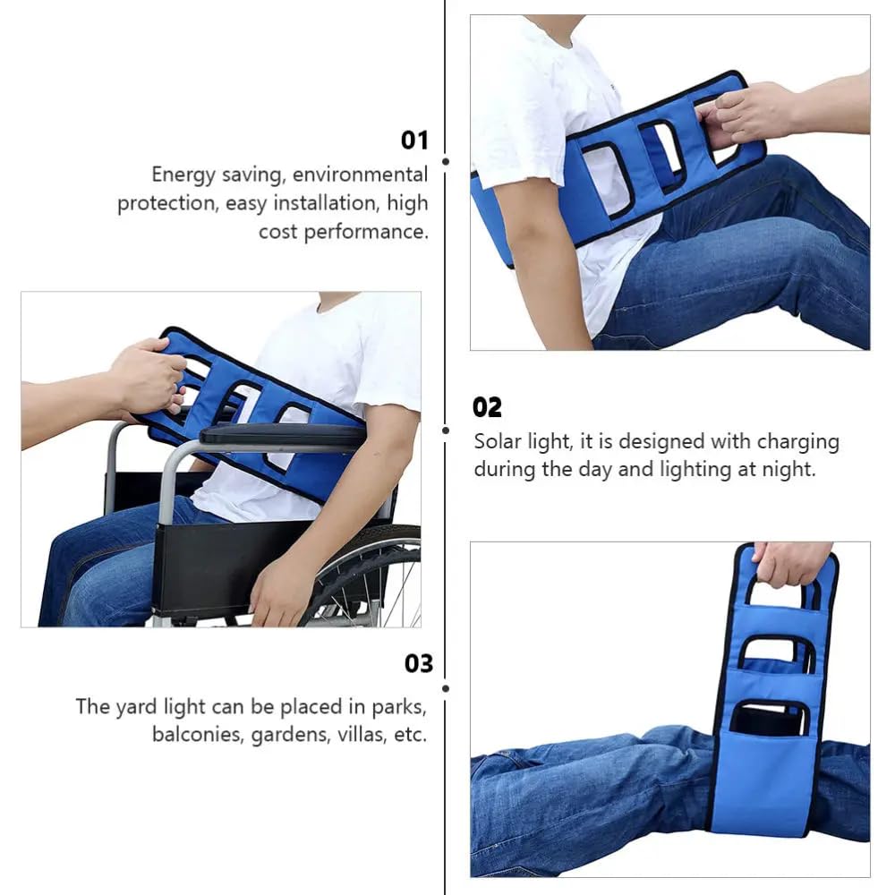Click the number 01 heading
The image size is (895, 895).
point(414,141)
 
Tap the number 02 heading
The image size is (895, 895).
point(487,407)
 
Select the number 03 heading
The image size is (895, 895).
point(418,663)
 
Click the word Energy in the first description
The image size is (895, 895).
point(182,175)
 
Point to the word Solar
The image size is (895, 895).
point(497,441)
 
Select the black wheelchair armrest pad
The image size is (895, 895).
point(282,435)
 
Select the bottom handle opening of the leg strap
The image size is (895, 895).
point(769,717)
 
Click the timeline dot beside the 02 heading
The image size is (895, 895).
point(446,430)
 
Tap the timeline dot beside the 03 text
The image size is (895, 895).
point(446,688)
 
